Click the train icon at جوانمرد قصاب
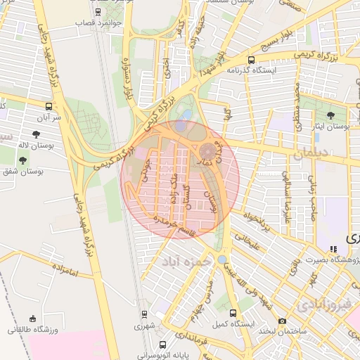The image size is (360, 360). coord(98,13)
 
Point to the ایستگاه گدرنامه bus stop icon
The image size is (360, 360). coord(252,60)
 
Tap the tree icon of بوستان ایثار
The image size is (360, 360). coord(330,115)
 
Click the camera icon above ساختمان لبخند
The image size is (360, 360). coord(282,321)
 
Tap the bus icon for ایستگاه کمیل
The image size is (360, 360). coord(233,314)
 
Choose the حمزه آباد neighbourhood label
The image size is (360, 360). coord(179,262)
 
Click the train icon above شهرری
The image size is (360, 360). coord(144,314)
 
